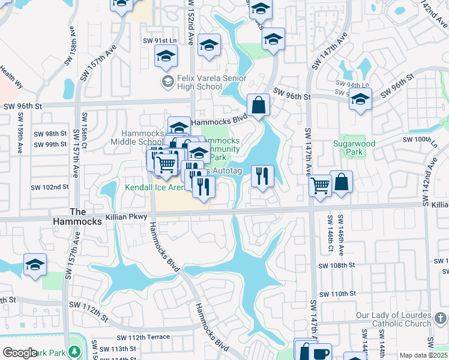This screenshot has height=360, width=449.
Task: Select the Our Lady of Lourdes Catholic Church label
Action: coord(394,319)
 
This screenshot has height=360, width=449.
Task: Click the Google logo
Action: coord(20,353)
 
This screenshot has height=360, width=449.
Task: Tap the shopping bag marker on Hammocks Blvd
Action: coord(258,106)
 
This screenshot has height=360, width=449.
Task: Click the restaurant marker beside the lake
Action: coord(262,176)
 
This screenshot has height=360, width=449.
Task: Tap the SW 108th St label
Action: coord(337,265)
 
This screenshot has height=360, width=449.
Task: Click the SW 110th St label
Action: coord(338,294)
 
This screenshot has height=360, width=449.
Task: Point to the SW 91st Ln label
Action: coord(159,41)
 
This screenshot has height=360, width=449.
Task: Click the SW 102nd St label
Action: coord(51,187)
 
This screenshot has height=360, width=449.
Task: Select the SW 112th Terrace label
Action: coord(149,337)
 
